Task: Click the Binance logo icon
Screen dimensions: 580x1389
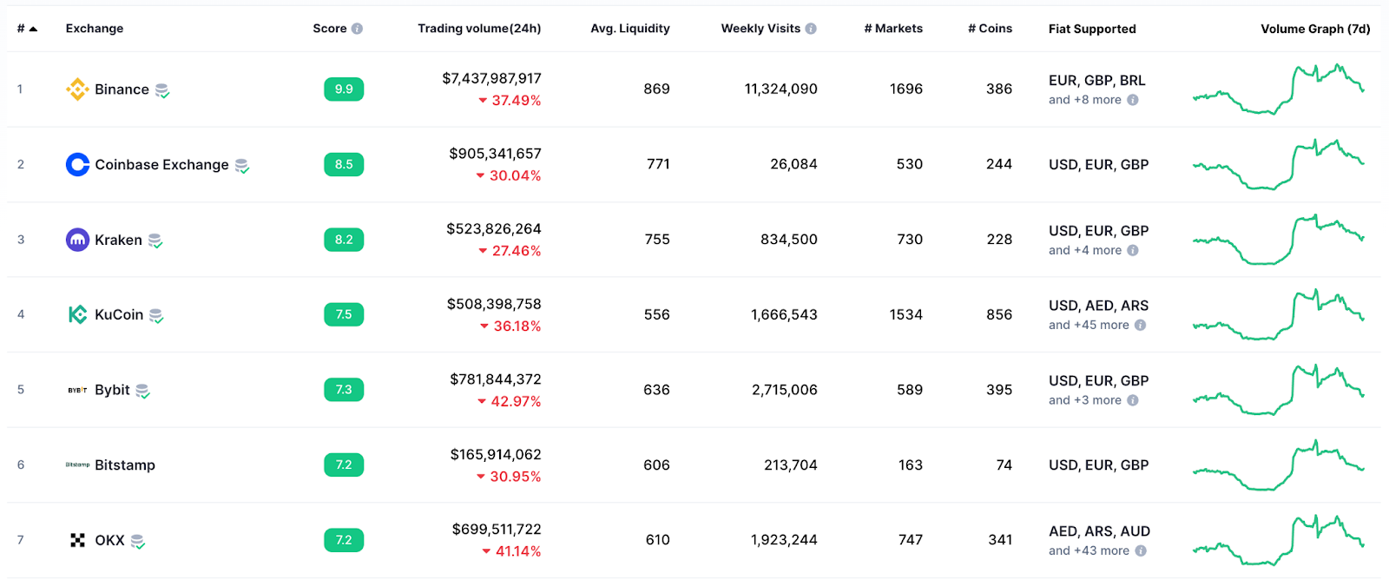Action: click(x=77, y=89)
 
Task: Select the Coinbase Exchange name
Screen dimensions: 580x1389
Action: click(x=161, y=165)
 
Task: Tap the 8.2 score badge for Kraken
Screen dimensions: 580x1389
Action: click(x=344, y=240)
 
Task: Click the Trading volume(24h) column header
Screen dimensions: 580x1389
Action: click(x=479, y=29)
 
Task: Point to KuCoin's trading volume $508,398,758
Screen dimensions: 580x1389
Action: click(x=494, y=304)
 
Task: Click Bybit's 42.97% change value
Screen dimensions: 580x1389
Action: click(x=516, y=401)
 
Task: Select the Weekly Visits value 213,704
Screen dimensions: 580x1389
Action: click(x=790, y=465)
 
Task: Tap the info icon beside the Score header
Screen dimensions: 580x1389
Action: click(x=357, y=29)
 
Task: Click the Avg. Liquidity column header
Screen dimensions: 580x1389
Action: click(x=630, y=29)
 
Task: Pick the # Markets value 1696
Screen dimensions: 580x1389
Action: click(x=905, y=89)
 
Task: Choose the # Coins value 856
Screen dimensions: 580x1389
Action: click(x=999, y=314)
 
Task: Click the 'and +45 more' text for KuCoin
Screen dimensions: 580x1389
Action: click(x=1089, y=325)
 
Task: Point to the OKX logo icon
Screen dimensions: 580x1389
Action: click(x=77, y=540)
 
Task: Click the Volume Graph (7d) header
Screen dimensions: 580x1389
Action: click(x=1315, y=29)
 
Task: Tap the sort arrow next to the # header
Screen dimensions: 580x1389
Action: click(x=33, y=29)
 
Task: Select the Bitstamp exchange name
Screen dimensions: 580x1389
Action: click(x=125, y=465)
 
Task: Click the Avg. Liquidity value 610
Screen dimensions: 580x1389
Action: click(x=657, y=540)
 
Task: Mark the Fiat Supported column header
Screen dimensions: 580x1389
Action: click(x=1092, y=29)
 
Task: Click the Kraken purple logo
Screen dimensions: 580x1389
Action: click(x=77, y=240)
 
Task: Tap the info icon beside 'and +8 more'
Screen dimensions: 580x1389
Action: click(x=1133, y=100)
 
